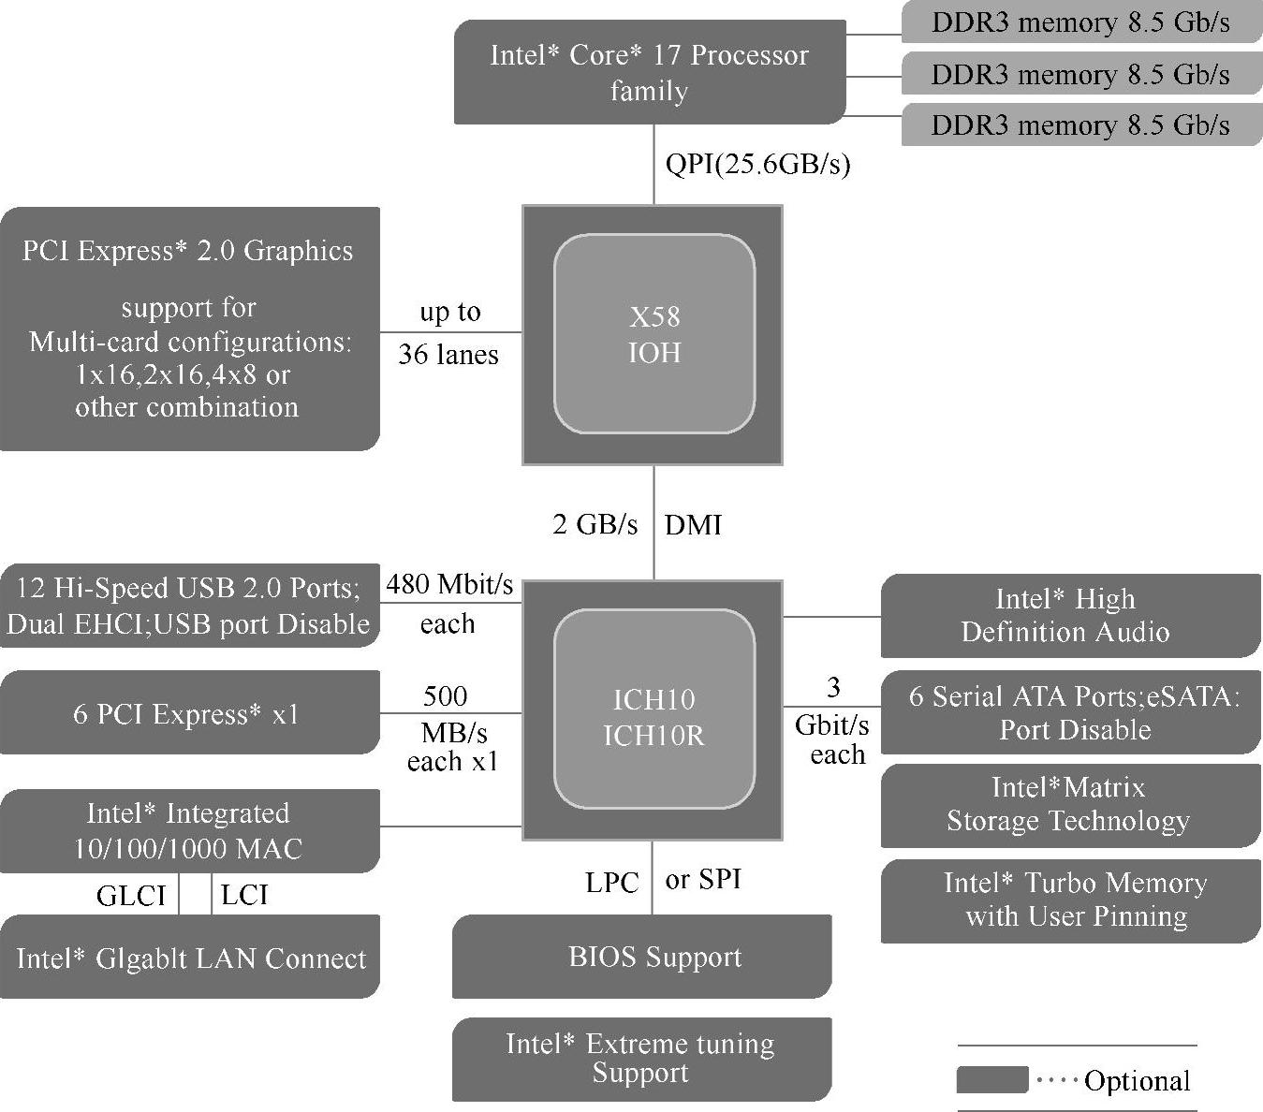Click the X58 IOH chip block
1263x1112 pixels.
[x=653, y=334]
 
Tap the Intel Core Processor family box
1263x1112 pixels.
[x=649, y=72]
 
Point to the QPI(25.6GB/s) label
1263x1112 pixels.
[x=757, y=165]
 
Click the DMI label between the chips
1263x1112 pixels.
[x=693, y=524]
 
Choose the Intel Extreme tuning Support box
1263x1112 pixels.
[x=641, y=1059]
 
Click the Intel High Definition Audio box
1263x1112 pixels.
[x=1070, y=615]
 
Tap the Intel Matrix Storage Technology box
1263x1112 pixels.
[x=1070, y=805]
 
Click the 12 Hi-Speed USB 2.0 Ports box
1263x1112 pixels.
[x=189, y=606]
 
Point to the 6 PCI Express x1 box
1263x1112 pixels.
[x=189, y=713]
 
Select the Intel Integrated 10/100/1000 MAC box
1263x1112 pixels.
[x=189, y=831]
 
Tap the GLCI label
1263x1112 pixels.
[x=131, y=896]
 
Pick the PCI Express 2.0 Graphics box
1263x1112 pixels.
[x=189, y=329]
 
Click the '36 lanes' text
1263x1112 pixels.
[x=448, y=355]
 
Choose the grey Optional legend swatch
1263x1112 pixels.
[x=991, y=1079]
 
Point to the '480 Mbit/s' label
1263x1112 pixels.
[x=449, y=585]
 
